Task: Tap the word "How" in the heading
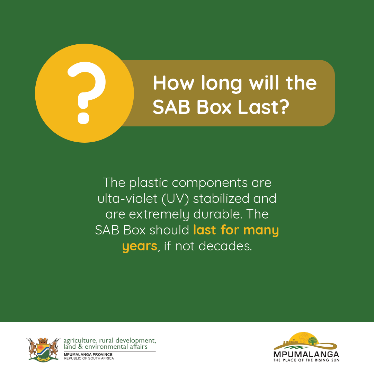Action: [173, 83]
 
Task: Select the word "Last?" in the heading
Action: [264, 107]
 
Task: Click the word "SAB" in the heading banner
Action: [171, 107]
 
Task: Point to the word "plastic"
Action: [149, 183]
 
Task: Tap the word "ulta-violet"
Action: [127, 198]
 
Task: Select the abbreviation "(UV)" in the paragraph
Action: [175, 199]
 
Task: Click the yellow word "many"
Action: [261, 231]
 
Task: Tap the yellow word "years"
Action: [140, 247]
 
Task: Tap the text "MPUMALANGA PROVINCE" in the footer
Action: [88, 355]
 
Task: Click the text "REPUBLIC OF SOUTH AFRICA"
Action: [89, 358]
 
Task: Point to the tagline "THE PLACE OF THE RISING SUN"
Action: [306, 360]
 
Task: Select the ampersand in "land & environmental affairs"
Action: [80, 347]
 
